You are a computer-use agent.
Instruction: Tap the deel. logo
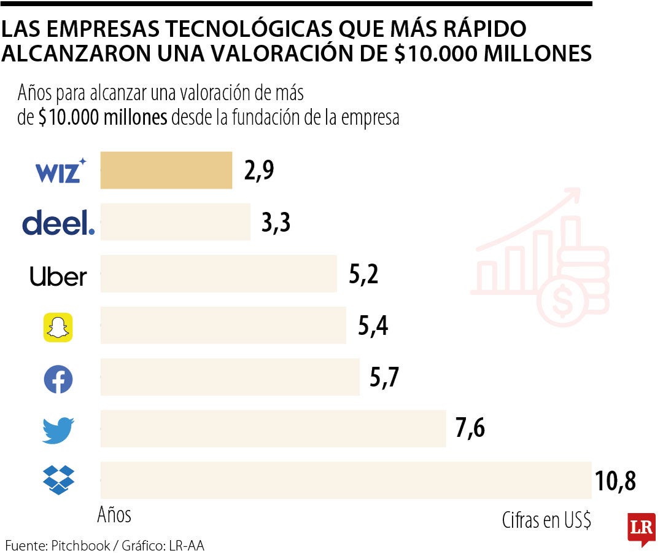point(59,223)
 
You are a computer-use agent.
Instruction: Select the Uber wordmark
point(58,276)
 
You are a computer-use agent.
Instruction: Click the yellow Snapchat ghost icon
point(58,327)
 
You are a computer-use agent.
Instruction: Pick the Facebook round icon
point(58,380)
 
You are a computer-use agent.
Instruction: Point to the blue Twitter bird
point(58,430)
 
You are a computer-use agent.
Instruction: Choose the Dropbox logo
point(58,480)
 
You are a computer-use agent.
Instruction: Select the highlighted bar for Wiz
point(166,170)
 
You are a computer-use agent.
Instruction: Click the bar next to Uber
point(219,274)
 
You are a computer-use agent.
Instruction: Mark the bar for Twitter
point(273,429)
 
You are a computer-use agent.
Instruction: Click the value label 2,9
point(258,171)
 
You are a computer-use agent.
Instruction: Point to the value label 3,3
point(276,223)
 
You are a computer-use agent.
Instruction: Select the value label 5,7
point(384,378)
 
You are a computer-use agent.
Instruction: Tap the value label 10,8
point(615,481)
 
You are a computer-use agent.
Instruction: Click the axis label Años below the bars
point(114,515)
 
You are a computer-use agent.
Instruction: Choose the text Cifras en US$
point(546,520)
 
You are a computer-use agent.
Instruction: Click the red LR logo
point(642,528)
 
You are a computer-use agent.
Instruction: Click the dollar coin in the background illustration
point(561,299)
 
